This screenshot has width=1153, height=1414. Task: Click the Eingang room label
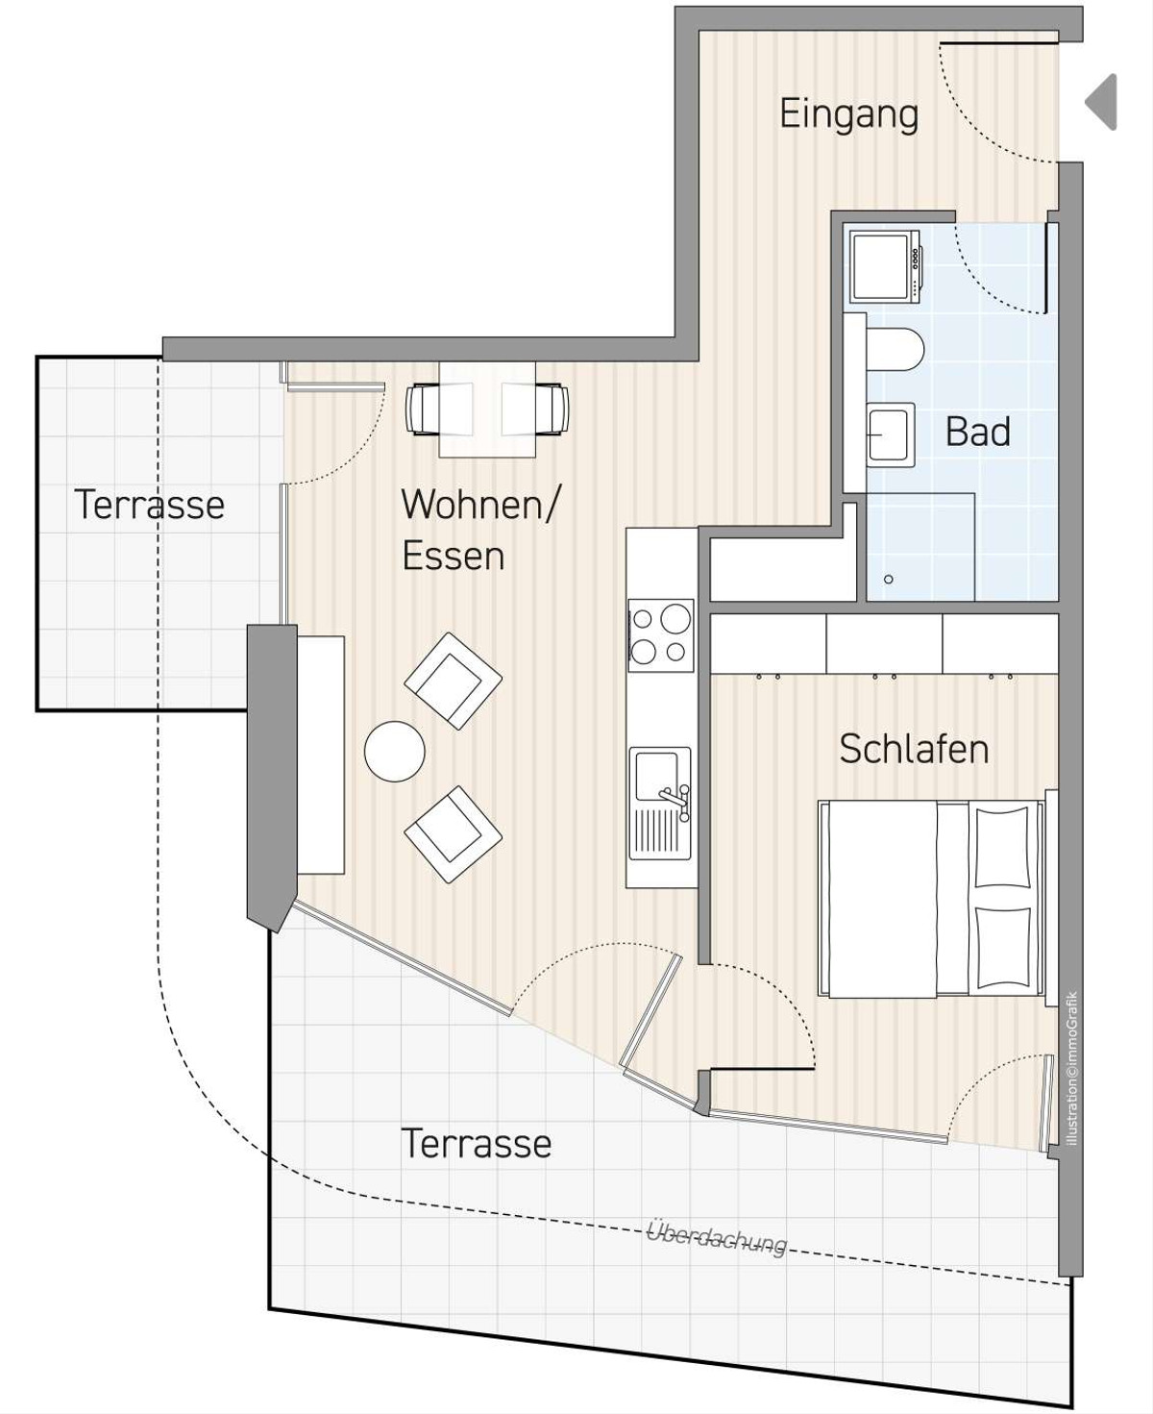click(848, 115)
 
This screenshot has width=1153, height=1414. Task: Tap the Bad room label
click(978, 432)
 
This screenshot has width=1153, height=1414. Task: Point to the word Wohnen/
click(479, 505)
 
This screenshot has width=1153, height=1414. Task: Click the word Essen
click(454, 556)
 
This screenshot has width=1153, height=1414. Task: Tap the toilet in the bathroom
click(895, 349)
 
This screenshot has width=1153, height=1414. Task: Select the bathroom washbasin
click(891, 434)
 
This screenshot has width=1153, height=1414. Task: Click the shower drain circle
click(888, 580)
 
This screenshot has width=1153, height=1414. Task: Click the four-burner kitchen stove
click(660, 635)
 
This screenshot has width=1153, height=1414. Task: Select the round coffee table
click(394, 751)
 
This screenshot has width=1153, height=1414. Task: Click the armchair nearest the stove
click(454, 681)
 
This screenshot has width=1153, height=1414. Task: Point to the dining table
click(487, 409)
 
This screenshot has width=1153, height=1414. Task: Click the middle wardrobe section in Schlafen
click(884, 644)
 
